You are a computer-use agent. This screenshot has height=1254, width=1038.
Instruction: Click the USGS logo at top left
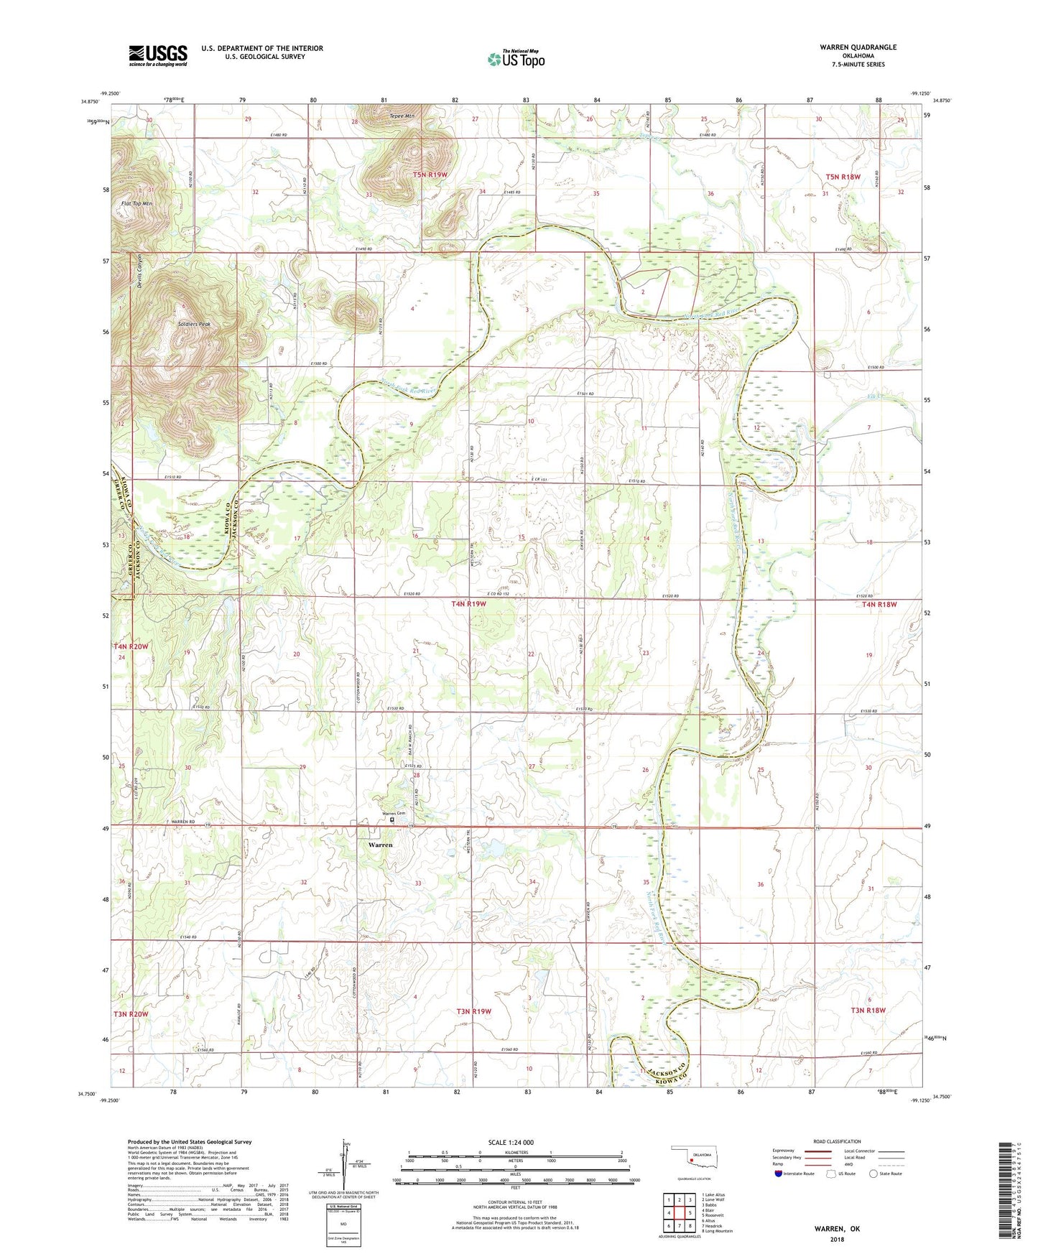click(x=158, y=55)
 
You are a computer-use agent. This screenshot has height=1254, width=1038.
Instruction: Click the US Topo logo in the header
click(x=515, y=59)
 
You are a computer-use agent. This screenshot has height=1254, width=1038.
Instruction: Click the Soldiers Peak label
click(x=195, y=325)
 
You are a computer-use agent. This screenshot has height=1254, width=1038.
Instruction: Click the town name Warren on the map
click(x=380, y=845)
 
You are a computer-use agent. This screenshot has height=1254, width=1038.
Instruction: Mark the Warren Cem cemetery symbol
click(x=392, y=819)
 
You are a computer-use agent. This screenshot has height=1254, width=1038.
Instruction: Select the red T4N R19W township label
click(x=468, y=604)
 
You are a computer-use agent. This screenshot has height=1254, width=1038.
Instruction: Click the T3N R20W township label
click(x=130, y=1014)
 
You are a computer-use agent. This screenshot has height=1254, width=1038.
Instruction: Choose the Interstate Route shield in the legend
click(x=779, y=1174)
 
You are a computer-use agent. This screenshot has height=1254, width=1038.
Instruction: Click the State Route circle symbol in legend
click(x=873, y=1174)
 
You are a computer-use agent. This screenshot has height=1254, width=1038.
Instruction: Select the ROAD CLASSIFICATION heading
click(x=837, y=1141)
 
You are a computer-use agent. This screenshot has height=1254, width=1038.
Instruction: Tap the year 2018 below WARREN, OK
click(x=837, y=1239)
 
